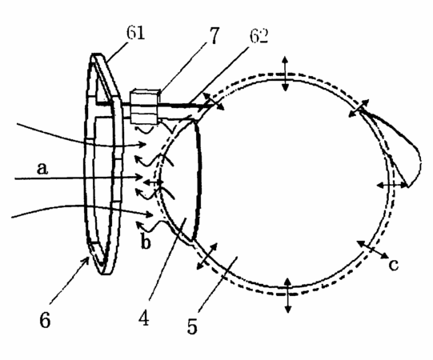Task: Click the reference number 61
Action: tap(135, 33)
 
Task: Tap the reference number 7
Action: tap(213, 36)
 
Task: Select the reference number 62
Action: tap(259, 36)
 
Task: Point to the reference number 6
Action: tap(45, 320)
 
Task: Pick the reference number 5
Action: tap(192, 326)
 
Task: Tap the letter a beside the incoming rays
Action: tap(42, 168)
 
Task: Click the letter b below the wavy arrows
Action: tap(146, 242)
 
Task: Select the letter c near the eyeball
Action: tap(394, 265)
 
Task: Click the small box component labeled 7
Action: tap(144, 107)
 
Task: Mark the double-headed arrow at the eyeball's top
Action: tap(285, 74)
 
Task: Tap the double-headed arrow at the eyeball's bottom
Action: tap(288, 295)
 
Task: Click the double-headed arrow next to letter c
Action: tap(373, 250)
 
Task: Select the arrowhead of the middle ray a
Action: tap(139, 178)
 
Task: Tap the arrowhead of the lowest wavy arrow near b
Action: tap(139, 224)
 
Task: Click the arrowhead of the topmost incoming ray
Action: tap(142, 144)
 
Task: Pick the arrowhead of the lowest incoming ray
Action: tap(150, 214)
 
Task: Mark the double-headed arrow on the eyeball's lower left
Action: tap(206, 256)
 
